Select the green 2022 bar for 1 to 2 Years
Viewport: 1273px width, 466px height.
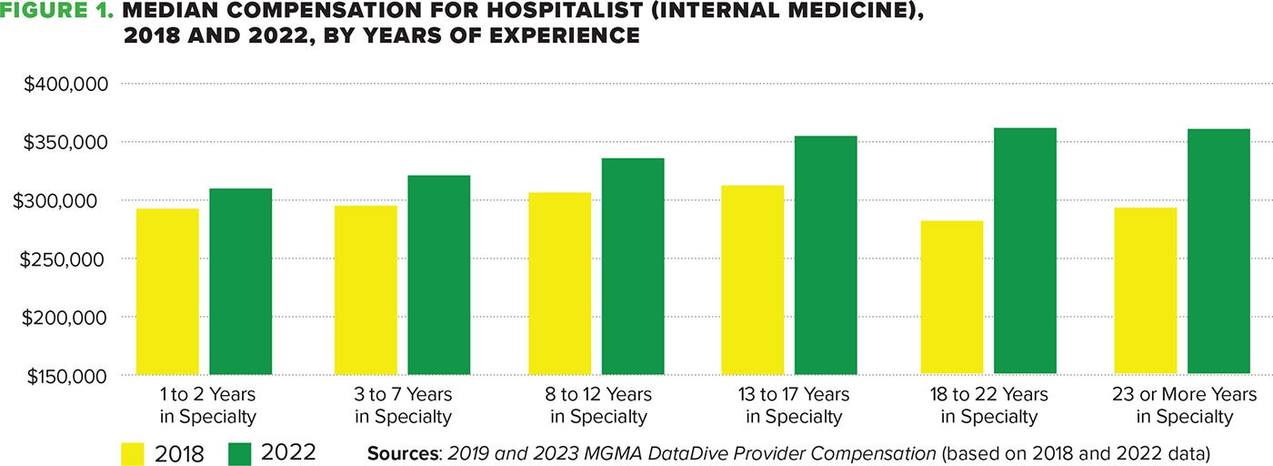tap(241, 281)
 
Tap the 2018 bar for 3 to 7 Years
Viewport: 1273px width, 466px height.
tap(366, 289)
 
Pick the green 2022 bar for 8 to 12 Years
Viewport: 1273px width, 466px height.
tap(633, 266)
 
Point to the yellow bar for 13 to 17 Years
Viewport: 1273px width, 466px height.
tap(753, 279)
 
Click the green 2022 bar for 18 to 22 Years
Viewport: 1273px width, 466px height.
tap(1025, 250)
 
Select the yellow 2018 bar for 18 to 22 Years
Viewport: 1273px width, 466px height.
tap(952, 297)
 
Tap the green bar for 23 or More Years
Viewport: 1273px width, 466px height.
tap(1218, 251)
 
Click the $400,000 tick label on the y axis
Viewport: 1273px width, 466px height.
tap(66, 84)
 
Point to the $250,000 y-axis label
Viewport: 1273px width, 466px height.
tap(66, 259)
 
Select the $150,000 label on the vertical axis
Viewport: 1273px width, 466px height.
tap(66, 376)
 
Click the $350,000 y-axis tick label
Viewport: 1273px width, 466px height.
tap(66, 143)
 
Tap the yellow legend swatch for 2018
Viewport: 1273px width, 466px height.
tap(134, 452)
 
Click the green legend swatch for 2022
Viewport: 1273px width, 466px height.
tap(240, 452)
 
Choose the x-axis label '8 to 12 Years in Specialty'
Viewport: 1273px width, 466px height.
tap(599, 406)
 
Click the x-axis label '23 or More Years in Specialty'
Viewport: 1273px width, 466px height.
tap(1184, 406)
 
